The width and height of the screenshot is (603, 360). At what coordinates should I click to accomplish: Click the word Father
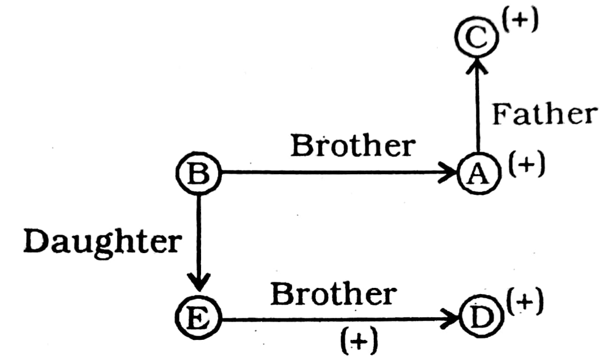543,114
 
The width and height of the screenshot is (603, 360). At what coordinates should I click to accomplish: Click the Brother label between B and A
353,147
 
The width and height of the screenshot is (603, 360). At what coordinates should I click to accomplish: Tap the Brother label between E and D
333,295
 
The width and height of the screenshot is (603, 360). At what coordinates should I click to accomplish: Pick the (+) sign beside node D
525,303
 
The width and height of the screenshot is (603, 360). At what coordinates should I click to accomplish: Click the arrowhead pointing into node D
455,318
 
